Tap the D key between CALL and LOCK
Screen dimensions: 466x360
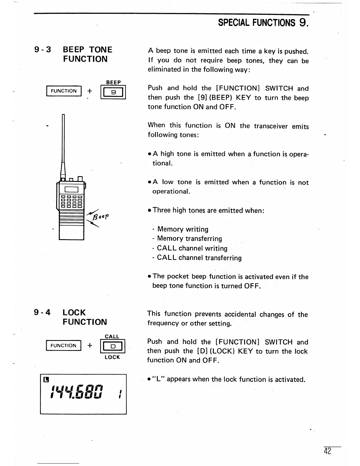(x=113, y=347)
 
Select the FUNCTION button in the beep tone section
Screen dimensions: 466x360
(x=64, y=91)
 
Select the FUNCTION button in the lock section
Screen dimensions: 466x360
(x=63, y=345)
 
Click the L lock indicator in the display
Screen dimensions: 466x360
(x=46, y=379)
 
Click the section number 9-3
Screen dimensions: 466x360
(x=43, y=50)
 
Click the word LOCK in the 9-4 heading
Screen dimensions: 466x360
(x=74, y=312)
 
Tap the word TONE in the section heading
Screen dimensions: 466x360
(x=101, y=50)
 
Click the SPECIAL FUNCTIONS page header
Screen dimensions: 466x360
(x=263, y=23)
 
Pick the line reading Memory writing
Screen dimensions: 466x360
(x=182, y=229)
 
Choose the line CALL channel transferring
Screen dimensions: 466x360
(x=199, y=258)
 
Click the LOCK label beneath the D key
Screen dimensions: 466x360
(x=112, y=357)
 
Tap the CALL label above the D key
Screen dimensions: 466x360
(x=112, y=337)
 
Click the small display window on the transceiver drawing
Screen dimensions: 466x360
(x=71, y=189)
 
